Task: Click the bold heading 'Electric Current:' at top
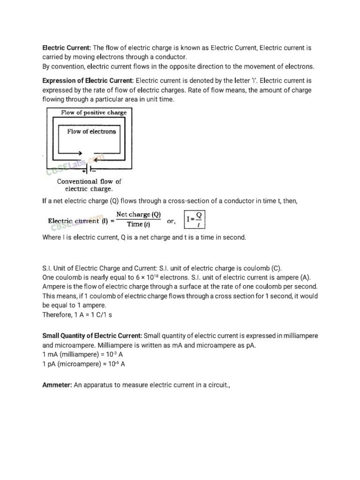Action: (x=67, y=48)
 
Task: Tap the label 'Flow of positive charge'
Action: (x=94, y=112)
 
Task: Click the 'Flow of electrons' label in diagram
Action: (x=91, y=132)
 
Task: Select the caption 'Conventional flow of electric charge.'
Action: (x=89, y=185)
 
